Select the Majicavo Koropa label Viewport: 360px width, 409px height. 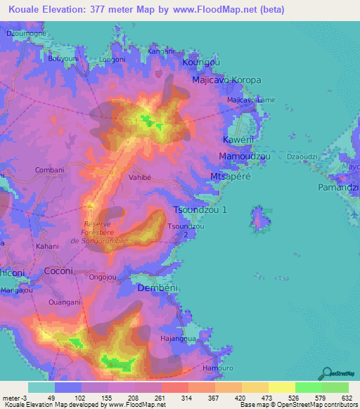[x=226, y=81]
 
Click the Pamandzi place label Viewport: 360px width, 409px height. [x=338, y=188]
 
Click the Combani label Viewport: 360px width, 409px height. [x=49, y=170]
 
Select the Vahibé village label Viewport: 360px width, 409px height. [x=141, y=178]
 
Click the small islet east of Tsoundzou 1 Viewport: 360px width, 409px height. [x=259, y=220]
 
